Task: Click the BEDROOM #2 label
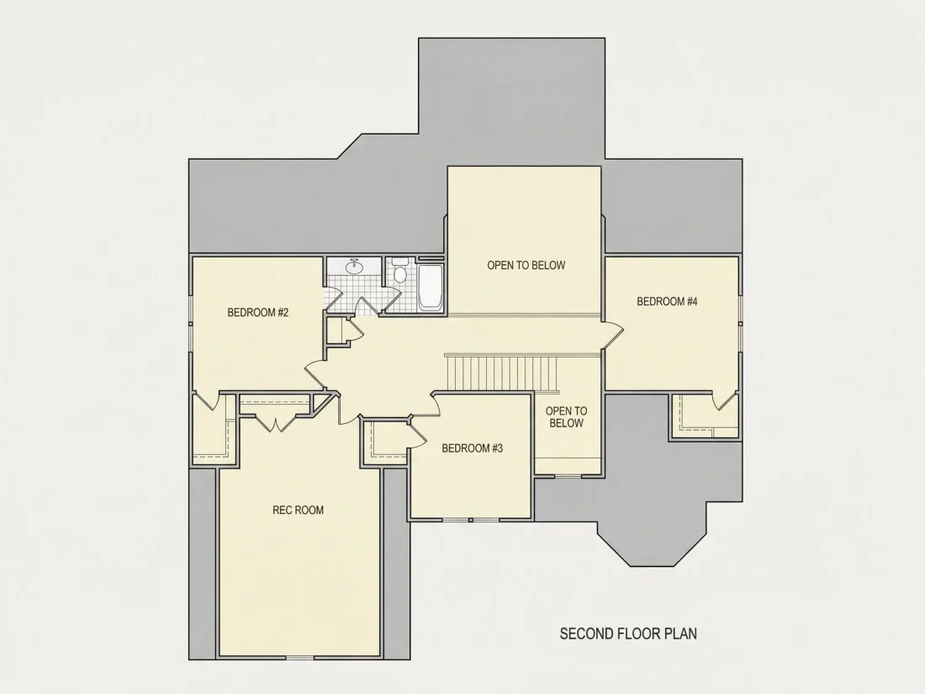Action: coord(258,312)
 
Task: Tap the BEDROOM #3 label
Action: coord(472,448)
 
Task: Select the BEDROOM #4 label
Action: coord(667,301)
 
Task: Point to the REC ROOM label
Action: coord(298,510)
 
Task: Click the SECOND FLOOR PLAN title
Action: coord(628,633)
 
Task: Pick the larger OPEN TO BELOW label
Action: coord(526,266)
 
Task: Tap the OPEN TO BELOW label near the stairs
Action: coord(566,416)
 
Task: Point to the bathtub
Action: coord(430,287)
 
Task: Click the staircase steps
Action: coord(502,373)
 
